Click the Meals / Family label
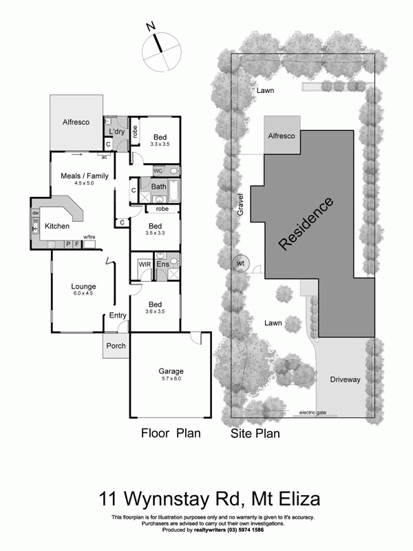point(85,176)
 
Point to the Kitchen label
point(58,226)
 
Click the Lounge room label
point(83,287)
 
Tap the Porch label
point(116,345)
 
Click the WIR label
point(145,264)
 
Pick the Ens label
point(162,264)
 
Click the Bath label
point(158,186)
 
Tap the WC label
point(158,170)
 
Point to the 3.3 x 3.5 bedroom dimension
point(160,145)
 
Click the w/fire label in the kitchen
point(89,238)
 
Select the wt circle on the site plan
point(240,263)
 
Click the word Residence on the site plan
point(306,223)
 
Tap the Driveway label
point(345,380)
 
